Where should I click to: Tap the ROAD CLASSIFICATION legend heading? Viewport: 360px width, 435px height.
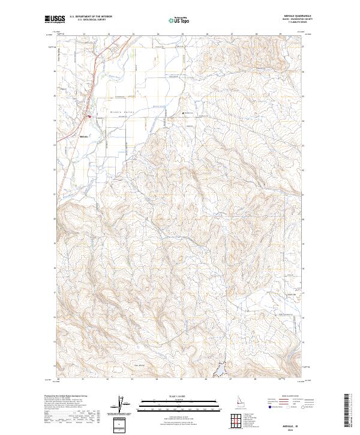point(290,397)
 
